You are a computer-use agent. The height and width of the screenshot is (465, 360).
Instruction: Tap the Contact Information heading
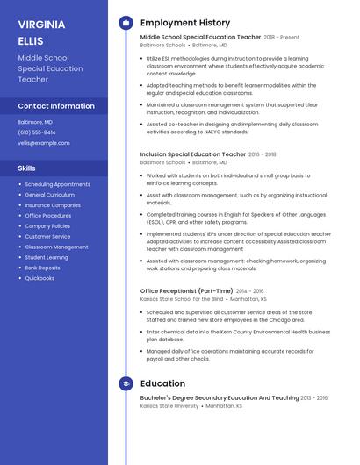[x=56, y=106]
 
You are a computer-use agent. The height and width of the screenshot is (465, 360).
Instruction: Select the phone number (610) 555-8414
[x=37, y=132]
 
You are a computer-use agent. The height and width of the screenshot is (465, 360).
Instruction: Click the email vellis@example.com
[x=44, y=143]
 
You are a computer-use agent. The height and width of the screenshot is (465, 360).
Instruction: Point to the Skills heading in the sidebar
[x=27, y=168]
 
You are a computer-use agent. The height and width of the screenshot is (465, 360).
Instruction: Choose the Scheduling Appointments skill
[x=57, y=184]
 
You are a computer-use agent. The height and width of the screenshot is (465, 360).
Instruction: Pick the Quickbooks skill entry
[x=40, y=278]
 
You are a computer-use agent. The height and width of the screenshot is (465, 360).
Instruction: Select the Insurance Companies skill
[x=53, y=205]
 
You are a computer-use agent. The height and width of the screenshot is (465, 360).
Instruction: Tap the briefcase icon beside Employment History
[x=126, y=23]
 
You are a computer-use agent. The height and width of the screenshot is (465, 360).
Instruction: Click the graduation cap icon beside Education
[x=126, y=383]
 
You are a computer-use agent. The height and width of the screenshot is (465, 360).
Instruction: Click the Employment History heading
[x=185, y=23]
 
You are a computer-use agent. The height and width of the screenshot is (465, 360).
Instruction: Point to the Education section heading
[x=162, y=383]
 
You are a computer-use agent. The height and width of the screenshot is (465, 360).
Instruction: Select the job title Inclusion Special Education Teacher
[x=193, y=154]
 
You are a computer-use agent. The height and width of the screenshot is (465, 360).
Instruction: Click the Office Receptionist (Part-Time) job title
[x=187, y=290]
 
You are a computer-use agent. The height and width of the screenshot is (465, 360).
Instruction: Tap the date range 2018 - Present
[x=282, y=38]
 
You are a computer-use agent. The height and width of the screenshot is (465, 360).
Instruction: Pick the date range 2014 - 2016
[x=250, y=290]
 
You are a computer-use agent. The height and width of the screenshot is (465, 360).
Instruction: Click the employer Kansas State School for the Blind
[x=182, y=299]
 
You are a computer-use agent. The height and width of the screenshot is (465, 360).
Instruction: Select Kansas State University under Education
[x=169, y=406]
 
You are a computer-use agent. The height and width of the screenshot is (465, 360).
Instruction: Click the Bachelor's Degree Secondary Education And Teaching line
[x=220, y=397]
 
